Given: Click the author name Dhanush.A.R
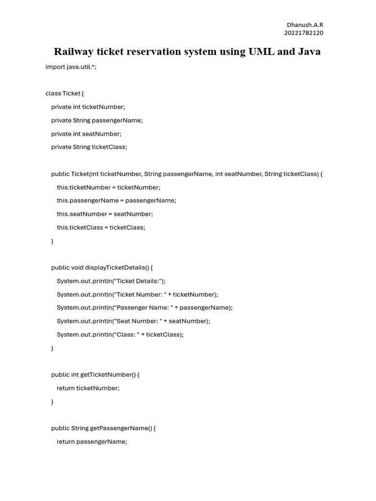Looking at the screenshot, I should coord(305,25).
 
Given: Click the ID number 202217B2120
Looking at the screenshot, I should coord(304,33).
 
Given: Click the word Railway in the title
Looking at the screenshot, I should coord(73,52).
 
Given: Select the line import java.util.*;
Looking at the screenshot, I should coord(71,67).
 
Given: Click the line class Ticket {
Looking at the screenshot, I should coord(65,93).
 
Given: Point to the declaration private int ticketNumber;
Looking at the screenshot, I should coord(88,107).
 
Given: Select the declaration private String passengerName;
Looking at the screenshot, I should coord(97,120).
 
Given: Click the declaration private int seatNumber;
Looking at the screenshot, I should coord(86,134).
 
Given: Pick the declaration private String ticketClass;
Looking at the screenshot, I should coord(89,147).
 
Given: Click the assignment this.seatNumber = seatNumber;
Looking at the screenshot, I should coord(105,214).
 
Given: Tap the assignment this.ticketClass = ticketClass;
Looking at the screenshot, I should coord(101,228).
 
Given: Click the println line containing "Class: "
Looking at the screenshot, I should coord(120,335).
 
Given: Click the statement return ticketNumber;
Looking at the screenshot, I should coord(88,388).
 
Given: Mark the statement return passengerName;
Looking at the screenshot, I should coord(92,442).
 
